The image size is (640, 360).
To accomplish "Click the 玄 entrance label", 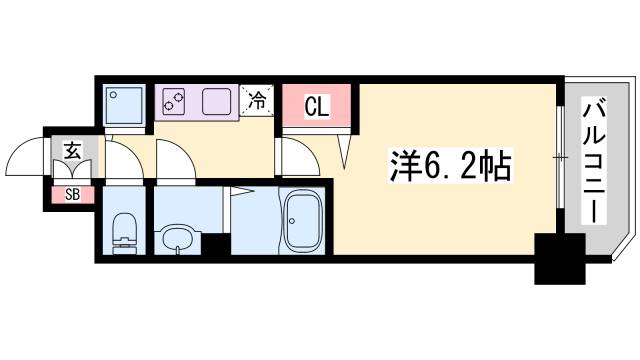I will (72, 151).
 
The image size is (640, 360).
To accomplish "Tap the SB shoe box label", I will (72, 194).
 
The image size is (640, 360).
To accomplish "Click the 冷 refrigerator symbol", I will (257, 100).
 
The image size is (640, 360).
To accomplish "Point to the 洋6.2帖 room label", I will (450, 164).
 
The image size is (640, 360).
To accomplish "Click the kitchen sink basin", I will (217, 101).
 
